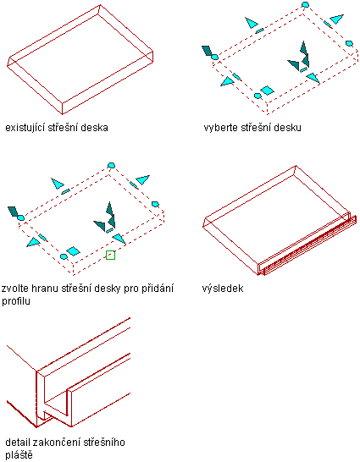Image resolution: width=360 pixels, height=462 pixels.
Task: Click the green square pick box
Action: [110, 256]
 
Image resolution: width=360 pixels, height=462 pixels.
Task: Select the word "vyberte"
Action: [221, 128]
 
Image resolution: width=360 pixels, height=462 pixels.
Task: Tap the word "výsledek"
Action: [223, 289]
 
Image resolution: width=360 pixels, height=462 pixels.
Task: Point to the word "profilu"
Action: [16, 301]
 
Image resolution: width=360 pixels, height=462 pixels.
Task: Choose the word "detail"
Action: [18, 443]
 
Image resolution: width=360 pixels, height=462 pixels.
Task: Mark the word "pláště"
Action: [19, 455]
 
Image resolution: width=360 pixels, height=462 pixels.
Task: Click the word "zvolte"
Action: [14, 289]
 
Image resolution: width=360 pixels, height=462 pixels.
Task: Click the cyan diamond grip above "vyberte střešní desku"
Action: [267, 91]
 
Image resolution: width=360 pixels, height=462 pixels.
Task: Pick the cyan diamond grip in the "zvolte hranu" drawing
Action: [74, 251]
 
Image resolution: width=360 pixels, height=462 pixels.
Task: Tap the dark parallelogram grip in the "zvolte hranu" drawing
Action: [13, 211]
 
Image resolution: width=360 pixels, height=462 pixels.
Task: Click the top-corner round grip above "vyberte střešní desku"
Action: [306, 4]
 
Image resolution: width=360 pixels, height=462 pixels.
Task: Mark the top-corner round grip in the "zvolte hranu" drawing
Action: [111, 165]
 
